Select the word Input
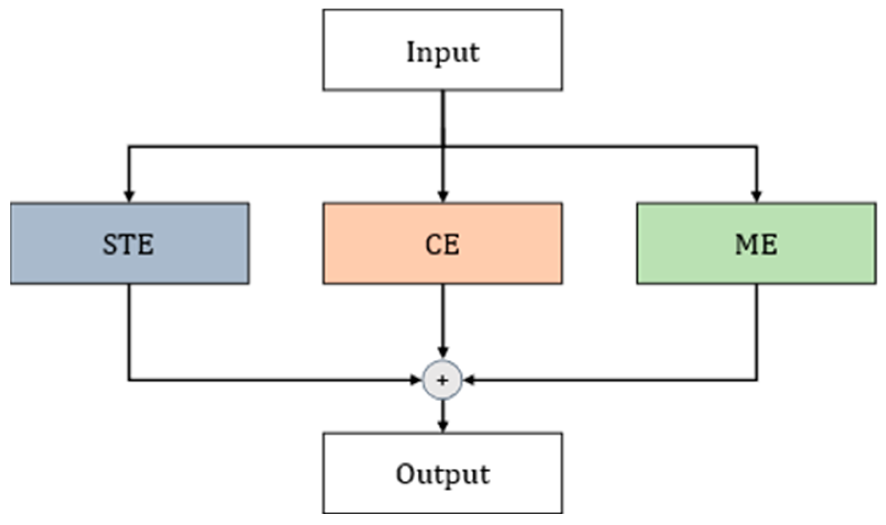pyautogui.click(x=442, y=53)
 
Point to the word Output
pyautogui.click(x=442, y=474)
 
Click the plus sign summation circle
pyautogui.click(x=442, y=380)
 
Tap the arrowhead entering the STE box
pyautogui.click(x=129, y=196)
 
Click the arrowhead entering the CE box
pyautogui.click(x=443, y=196)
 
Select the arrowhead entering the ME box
pyautogui.click(x=756, y=196)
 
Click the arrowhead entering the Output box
pyautogui.click(x=443, y=425)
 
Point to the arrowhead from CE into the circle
pyautogui.click(x=443, y=352)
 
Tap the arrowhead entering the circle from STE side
pyautogui.click(x=416, y=380)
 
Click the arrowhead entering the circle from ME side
pyautogui.click(x=469, y=380)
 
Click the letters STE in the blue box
pyautogui.click(x=128, y=245)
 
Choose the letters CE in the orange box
pyautogui.click(x=442, y=245)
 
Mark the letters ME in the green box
pyautogui.click(x=756, y=245)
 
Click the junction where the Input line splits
pyautogui.click(x=443, y=146)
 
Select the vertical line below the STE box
pyautogui.click(x=129, y=330)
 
